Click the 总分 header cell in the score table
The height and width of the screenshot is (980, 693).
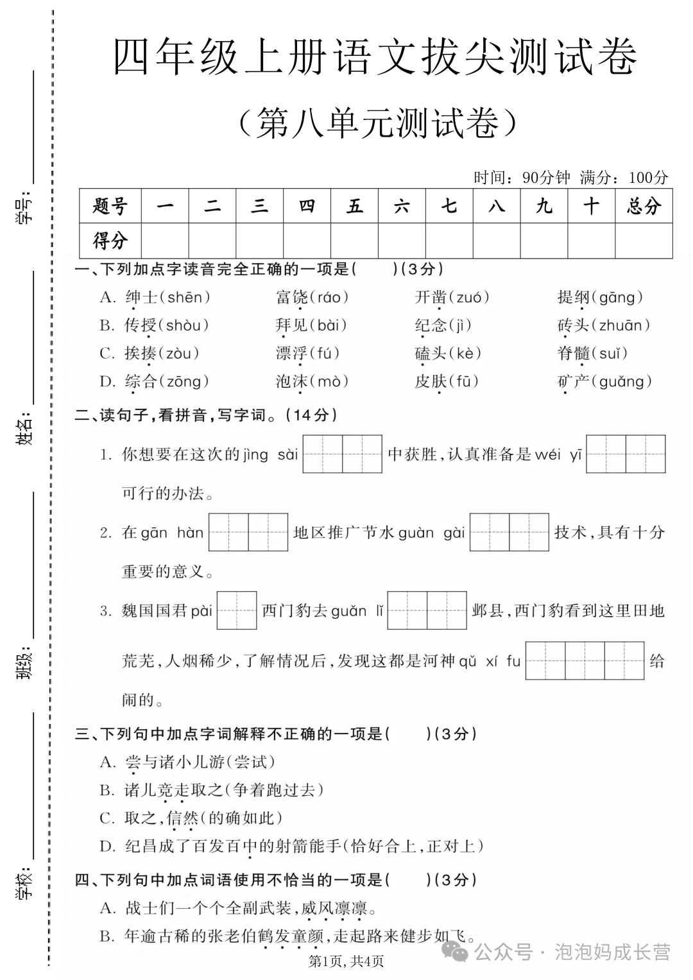tap(644, 206)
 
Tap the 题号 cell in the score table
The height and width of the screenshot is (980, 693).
tap(110, 206)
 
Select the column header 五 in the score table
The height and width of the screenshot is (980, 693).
tap(354, 206)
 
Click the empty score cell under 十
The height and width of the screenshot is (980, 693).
tap(591, 241)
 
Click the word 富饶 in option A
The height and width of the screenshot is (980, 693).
tap(292, 297)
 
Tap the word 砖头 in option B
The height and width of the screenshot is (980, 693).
tap(573, 325)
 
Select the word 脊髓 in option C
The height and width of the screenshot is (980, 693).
tap(573, 353)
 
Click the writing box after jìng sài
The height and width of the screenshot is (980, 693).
tap(342, 454)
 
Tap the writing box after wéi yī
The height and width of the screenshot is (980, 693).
tap(626, 454)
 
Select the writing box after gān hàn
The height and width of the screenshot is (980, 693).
tap(248, 532)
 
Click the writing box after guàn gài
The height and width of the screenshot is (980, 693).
tap(509, 532)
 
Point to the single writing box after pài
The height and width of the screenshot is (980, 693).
tap(237, 610)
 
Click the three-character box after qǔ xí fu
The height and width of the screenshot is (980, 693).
tap(585, 660)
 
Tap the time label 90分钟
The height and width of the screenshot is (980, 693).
tap(546, 178)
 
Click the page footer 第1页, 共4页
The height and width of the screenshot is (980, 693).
tap(346, 961)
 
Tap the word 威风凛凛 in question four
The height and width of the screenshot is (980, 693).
tap(334, 908)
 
